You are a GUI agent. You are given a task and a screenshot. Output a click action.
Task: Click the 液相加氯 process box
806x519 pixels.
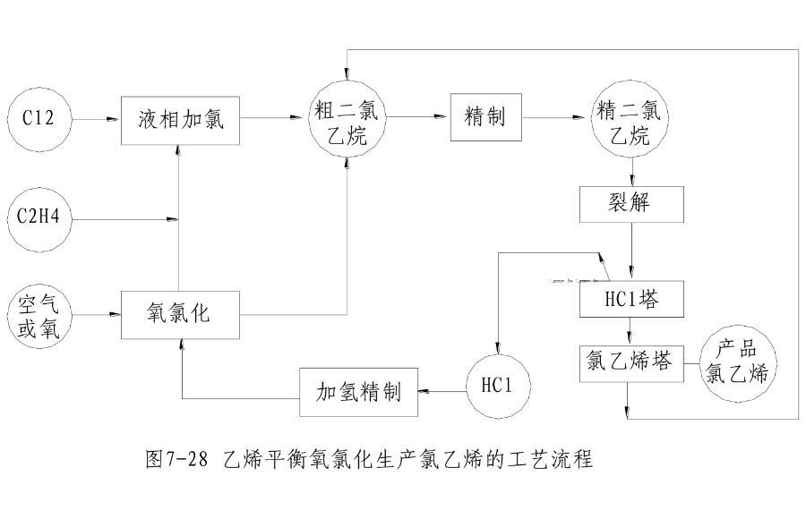(181, 118)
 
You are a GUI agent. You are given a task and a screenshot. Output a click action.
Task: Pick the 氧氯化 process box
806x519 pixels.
(181, 314)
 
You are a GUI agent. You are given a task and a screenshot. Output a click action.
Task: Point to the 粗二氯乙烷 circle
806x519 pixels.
(347, 117)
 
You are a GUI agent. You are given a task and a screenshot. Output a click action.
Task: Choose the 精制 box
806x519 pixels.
(486, 116)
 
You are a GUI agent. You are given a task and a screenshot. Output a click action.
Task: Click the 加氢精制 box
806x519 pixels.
(358, 391)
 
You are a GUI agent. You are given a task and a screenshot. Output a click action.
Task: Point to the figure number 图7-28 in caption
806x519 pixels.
(176, 461)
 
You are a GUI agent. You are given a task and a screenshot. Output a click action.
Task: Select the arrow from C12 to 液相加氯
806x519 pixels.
(97, 117)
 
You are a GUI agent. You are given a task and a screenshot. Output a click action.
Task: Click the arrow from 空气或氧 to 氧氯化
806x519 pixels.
(97, 314)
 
